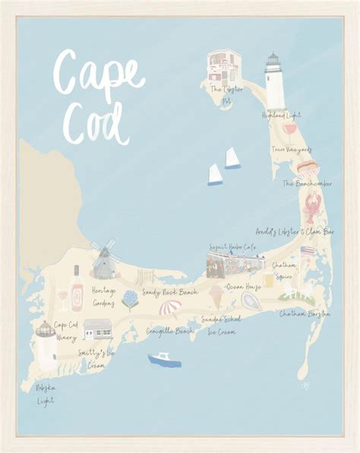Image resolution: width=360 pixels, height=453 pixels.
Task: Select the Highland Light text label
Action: point(280,115)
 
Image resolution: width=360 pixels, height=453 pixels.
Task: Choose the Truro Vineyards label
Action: point(292,150)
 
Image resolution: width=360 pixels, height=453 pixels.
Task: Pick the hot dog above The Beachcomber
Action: point(306,167)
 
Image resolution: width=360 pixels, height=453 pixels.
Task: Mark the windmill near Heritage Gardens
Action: point(103,260)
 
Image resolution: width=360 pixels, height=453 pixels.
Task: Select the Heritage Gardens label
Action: point(103,296)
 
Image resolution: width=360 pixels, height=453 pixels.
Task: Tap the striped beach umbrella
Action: point(169,309)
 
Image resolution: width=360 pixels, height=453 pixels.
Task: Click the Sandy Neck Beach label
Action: point(170,292)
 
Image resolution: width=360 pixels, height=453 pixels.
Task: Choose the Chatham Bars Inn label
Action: point(305,313)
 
